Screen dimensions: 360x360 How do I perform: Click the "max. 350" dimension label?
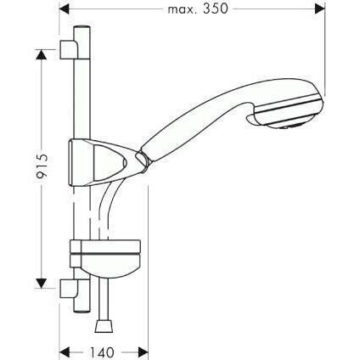[x=198, y=9]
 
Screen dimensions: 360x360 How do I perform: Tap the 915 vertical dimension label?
[x=42, y=166]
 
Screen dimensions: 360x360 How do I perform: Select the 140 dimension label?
[x=102, y=352]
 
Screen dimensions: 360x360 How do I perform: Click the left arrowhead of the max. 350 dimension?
[x=64, y=9]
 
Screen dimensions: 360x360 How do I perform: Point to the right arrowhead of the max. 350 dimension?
[x=320, y=9]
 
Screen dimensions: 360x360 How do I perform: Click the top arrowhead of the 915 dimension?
[x=42, y=54]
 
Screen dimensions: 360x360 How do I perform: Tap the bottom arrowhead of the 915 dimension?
[x=42, y=284]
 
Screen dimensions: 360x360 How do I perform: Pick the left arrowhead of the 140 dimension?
[x=64, y=352]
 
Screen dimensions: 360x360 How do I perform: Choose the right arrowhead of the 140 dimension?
[x=143, y=352]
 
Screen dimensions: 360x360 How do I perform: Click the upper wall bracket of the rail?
[x=68, y=50]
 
